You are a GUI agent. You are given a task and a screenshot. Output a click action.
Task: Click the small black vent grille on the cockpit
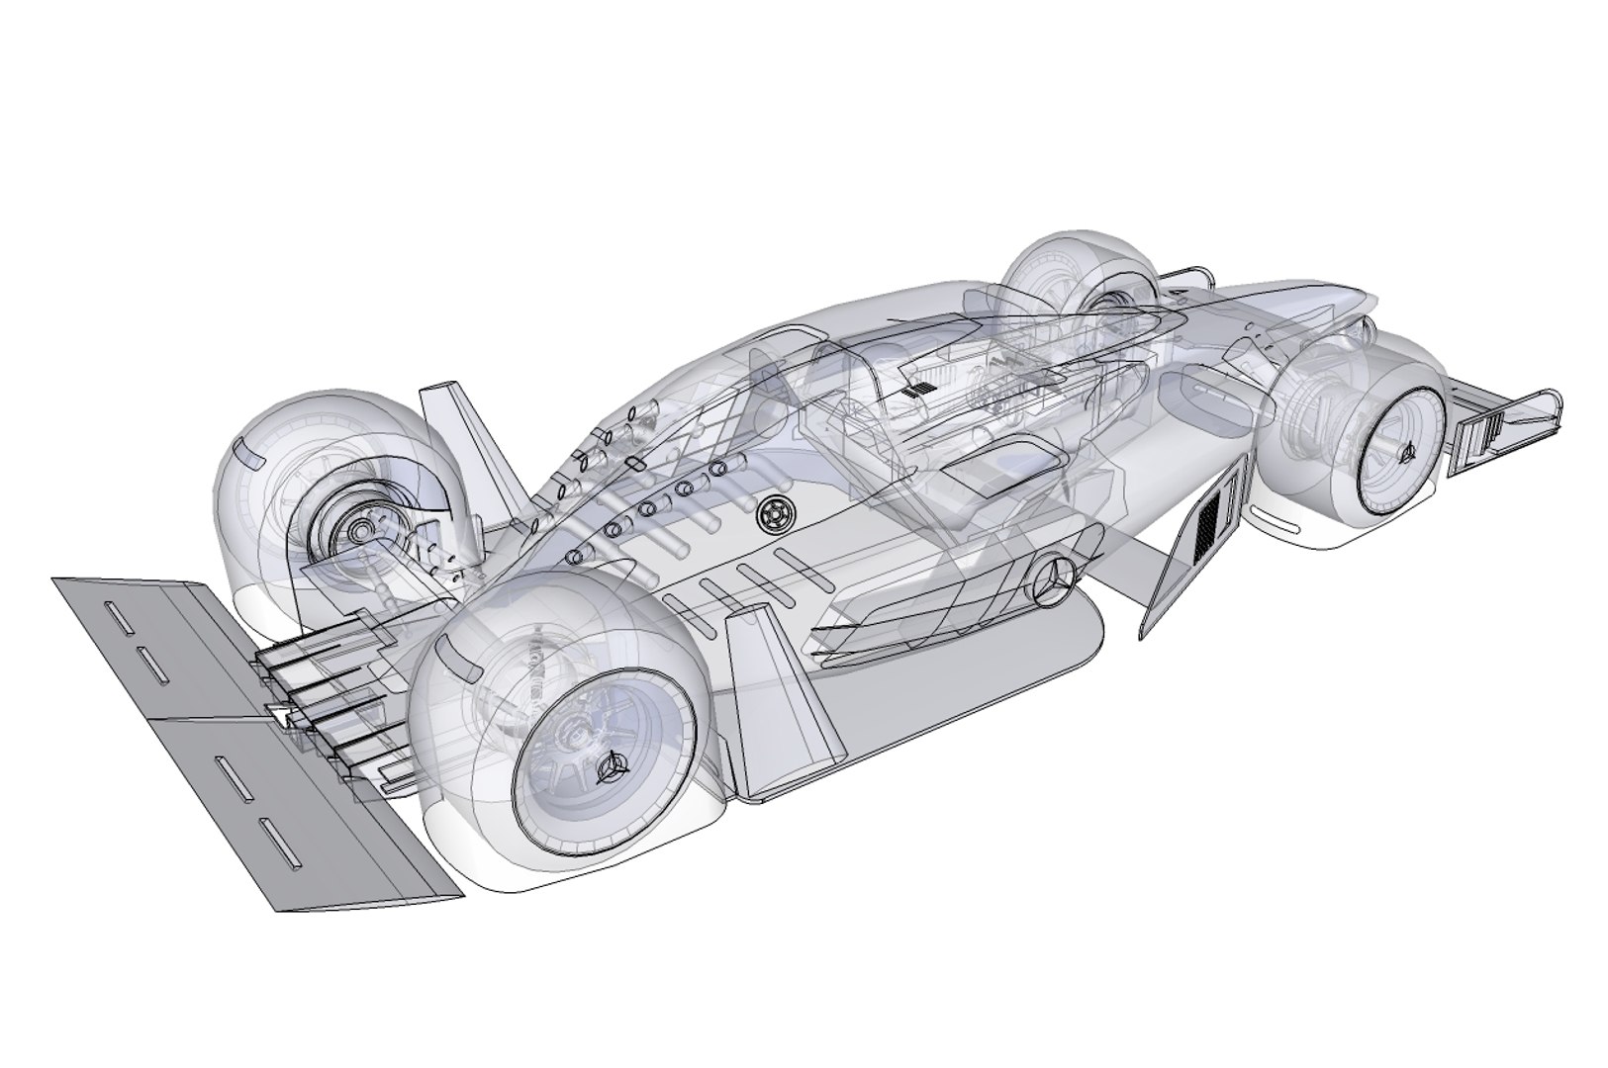[918, 389]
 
